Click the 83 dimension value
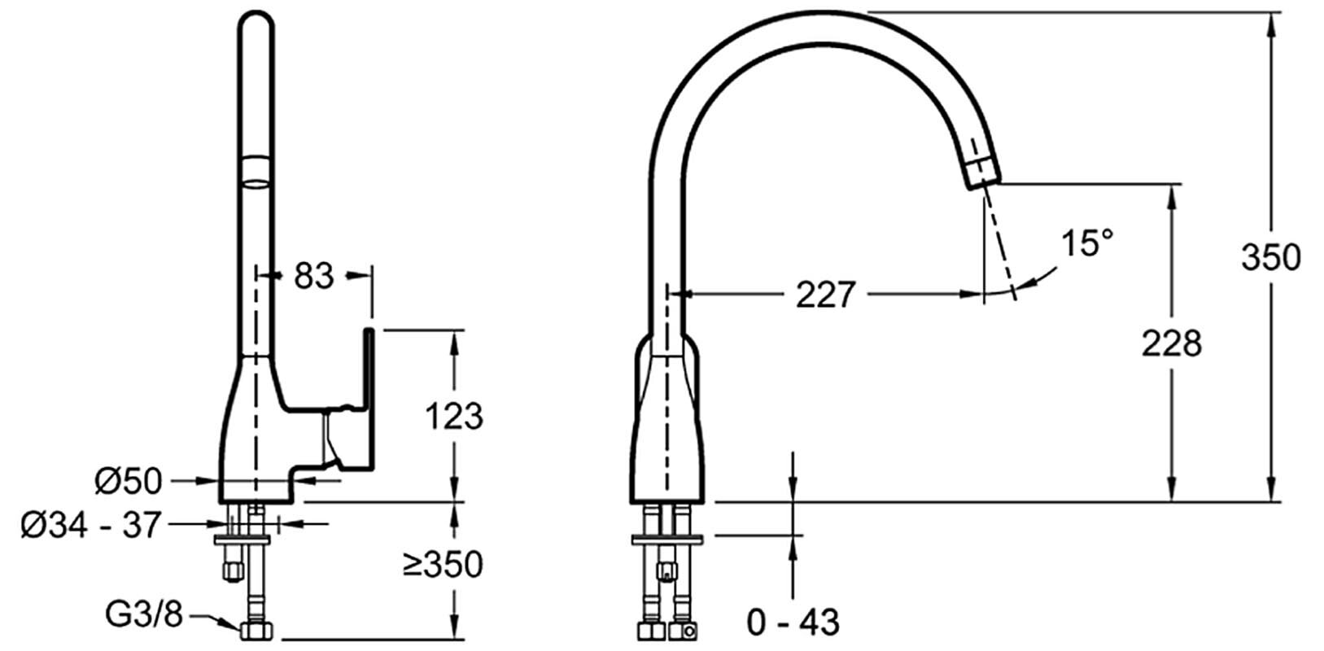click(313, 276)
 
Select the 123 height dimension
click(454, 416)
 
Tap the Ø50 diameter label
click(129, 481)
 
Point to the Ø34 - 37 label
click(91, 525)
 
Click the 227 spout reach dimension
click(826, 294)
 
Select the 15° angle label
click(1087, 242)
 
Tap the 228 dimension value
click(1172, 343)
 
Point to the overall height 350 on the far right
click(1271, 257)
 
